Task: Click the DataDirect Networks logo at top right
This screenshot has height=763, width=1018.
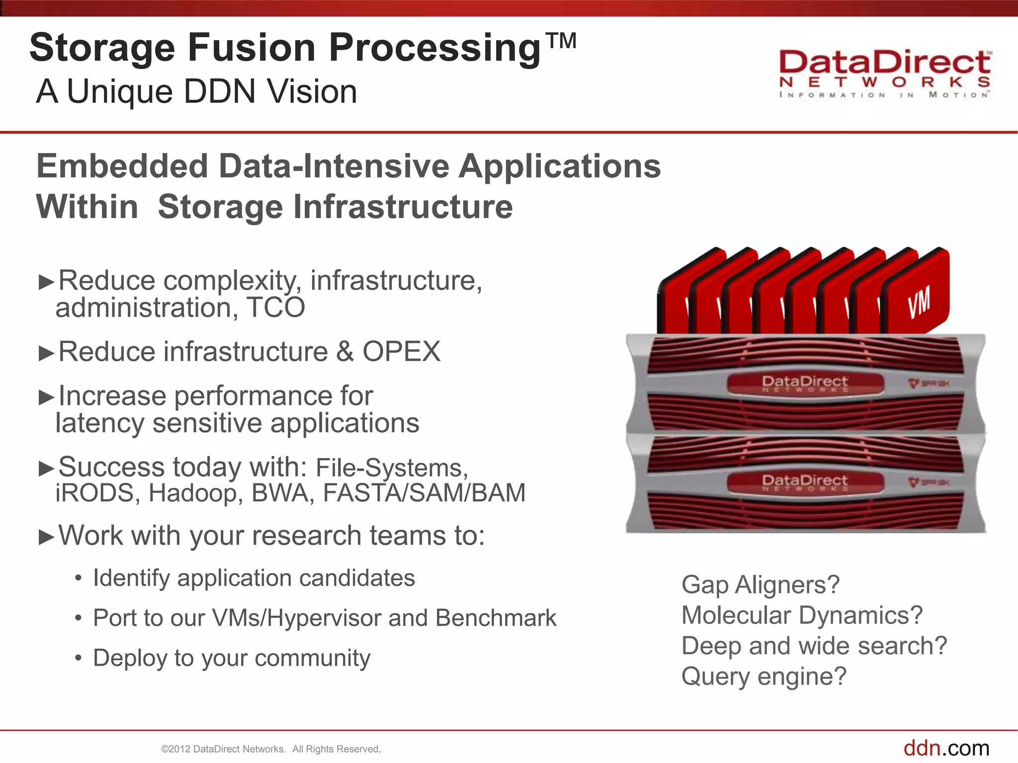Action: [x=885, y=75]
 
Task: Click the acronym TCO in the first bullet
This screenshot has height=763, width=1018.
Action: [x=276, y=307]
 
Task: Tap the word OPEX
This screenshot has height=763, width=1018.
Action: [x=401, y=352]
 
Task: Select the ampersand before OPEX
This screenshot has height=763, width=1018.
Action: [x=345, y=352]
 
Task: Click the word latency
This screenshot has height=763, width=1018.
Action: [x=99, y=423]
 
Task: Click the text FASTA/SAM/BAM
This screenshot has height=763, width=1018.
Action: [x=424, y=493]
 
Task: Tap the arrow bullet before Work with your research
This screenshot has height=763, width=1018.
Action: [x=46, y=537]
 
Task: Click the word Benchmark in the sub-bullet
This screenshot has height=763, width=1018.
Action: [x=496, y=618]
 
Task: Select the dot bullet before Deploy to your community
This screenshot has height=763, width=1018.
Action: [x=78, y=658]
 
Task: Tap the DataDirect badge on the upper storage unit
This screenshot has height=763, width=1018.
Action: [x=805, y=383]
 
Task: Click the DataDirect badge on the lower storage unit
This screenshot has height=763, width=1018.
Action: [x=805, y=482]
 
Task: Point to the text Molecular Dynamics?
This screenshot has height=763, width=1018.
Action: [x=802, y=615]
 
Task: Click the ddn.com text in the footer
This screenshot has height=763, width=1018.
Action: [x=946, y=748]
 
